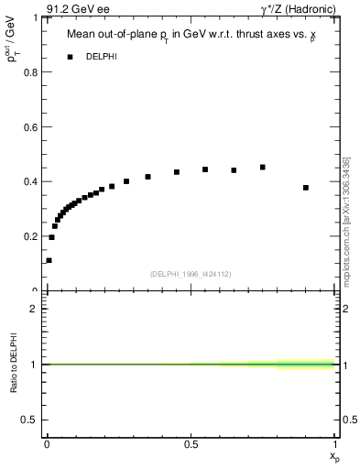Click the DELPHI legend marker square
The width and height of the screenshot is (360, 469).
70,57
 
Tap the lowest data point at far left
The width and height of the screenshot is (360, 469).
49,260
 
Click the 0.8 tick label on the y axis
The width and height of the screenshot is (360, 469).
29,71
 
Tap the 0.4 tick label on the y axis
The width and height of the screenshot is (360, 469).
29,181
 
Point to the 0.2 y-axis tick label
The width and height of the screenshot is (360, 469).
29,236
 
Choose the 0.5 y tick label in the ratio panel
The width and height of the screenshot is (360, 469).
29,420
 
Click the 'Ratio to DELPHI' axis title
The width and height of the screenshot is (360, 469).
13,364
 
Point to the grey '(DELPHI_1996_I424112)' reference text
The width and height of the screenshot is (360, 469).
189,274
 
